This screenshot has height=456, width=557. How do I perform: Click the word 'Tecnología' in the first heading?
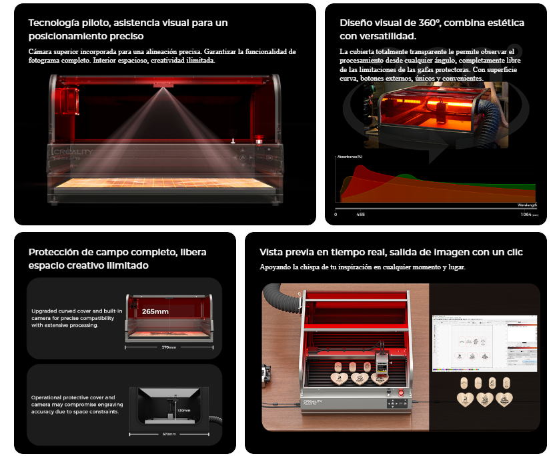pos(50,23)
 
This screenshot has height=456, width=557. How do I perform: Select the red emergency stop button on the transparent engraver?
pos(258,141)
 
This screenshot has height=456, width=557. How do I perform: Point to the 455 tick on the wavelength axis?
pos(360,215)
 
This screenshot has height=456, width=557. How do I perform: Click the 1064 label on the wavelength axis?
pos(526,215)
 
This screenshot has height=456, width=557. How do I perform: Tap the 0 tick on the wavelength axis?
pos(336,215)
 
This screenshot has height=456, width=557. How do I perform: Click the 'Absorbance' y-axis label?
pos(350,157)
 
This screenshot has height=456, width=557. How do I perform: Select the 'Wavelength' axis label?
pos(526,205)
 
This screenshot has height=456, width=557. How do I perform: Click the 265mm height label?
pos(155,311)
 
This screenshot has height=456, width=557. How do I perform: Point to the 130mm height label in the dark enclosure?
pos(183,411)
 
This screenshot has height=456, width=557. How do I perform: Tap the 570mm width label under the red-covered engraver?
pos(169,347)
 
